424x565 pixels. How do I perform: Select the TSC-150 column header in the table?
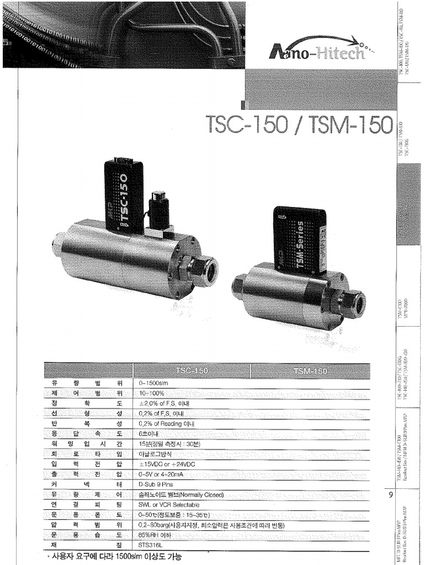tap(192, 370)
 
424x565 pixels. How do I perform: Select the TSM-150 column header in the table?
tap(311, 370)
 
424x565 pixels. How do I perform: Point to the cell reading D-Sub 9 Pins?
tap(156, 483)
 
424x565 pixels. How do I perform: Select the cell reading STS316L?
tap(150, 544)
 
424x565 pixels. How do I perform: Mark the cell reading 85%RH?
tap(155, 534)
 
